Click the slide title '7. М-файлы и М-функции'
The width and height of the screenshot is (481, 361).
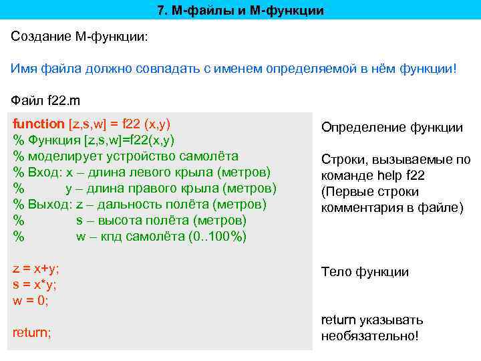pyautogui.click(x=240, y=11)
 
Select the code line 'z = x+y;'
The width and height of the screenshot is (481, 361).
pyautogui.click(x=36, y=269)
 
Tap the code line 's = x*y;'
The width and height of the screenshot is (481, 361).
pyautogui.click(x=35, y=284)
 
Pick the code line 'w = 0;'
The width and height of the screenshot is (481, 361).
pyautogui.click(x=31, y=300)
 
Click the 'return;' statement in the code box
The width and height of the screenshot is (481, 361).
pyautogui.click(x=32, y=332)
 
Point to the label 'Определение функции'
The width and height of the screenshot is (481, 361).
pyautogui.click(x=392, y=128)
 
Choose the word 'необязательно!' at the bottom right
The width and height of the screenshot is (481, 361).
pyautogui.click(x=369, y=336)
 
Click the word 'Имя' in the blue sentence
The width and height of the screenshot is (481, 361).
pyautogui.click(x=24, y=69)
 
